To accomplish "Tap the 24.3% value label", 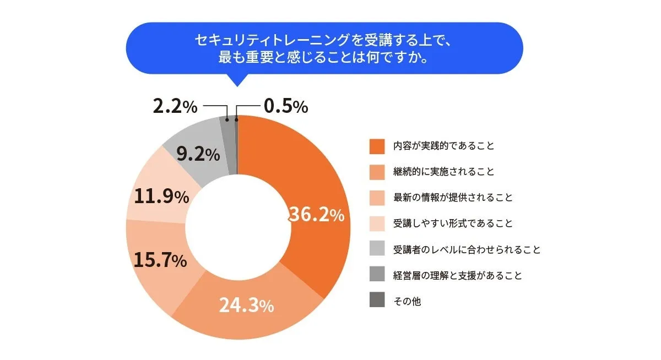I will tap(246, 306).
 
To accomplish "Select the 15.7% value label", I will tap(160, 260).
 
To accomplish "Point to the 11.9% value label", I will tap(161, 197).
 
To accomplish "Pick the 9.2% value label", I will tap(198, 155).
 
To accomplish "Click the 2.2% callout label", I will tap(175, 107).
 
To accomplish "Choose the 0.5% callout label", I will tap(285, 107).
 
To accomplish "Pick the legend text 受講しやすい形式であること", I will tap(453, 223).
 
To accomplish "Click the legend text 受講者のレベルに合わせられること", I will tap(467, 249).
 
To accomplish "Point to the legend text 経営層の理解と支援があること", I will tap(457, 275).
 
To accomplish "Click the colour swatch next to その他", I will tap(377, 301).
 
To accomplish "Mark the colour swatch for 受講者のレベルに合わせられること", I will tap(377, 249).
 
